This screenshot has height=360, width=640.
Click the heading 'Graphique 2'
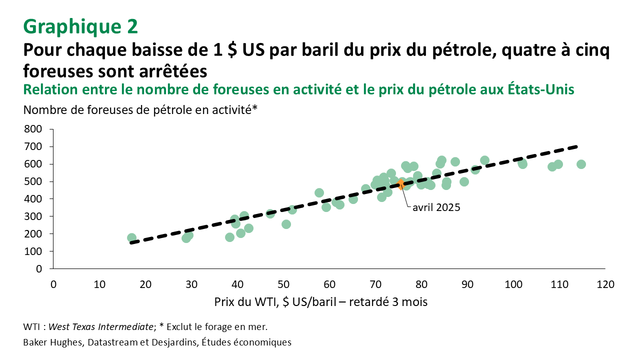click(80, 26)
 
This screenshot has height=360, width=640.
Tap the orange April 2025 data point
click(400, 184)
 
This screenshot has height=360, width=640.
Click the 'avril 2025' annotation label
click(436, 207)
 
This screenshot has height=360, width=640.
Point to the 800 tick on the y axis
click(33, 129)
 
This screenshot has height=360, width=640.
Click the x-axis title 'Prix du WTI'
click(320, 302)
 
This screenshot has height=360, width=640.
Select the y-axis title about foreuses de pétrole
click(140, 110)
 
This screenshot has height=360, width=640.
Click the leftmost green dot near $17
click(131, 238)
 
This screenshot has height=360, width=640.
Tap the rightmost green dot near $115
click(581, 164)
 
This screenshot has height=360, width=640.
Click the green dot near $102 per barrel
click(522, 163)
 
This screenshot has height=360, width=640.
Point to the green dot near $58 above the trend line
click(319, 192)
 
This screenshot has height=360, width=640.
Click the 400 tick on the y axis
click(33, 198)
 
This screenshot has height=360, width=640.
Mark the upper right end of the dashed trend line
click(577, 146)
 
